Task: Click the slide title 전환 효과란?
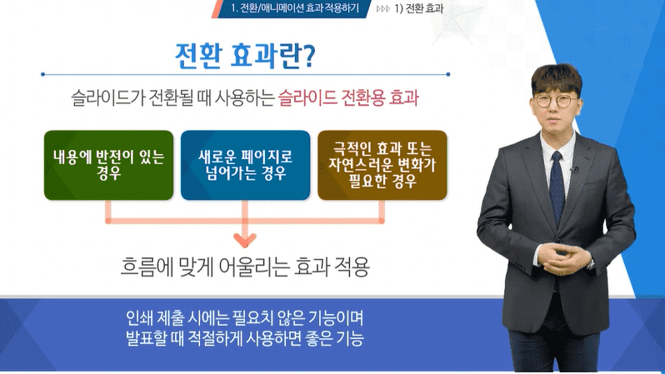[x=245, y=56]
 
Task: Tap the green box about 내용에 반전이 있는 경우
[x=108, y=165]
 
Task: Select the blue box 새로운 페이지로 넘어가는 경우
[x=245, y=165]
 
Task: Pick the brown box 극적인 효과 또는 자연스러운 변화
[x=382, y=165]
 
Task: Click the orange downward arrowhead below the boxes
[x=245, y=241]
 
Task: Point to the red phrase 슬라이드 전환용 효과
[x=348, y=98]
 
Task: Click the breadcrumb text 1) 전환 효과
[x=418, y=8]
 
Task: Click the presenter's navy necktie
[x=557, y=187]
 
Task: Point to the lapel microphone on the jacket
[x=574, y=170]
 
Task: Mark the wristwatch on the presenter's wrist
[x=590, y=263]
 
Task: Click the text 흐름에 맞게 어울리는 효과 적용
[x=245, y=267]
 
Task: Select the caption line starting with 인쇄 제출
[x=245, y=317]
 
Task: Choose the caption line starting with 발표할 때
[x=245, y=338]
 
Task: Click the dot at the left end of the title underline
[x=42, y=74]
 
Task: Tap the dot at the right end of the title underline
[x=448, y=74]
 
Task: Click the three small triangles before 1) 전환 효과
[x=383, y=8]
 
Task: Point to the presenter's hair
[x=557, y=78]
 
